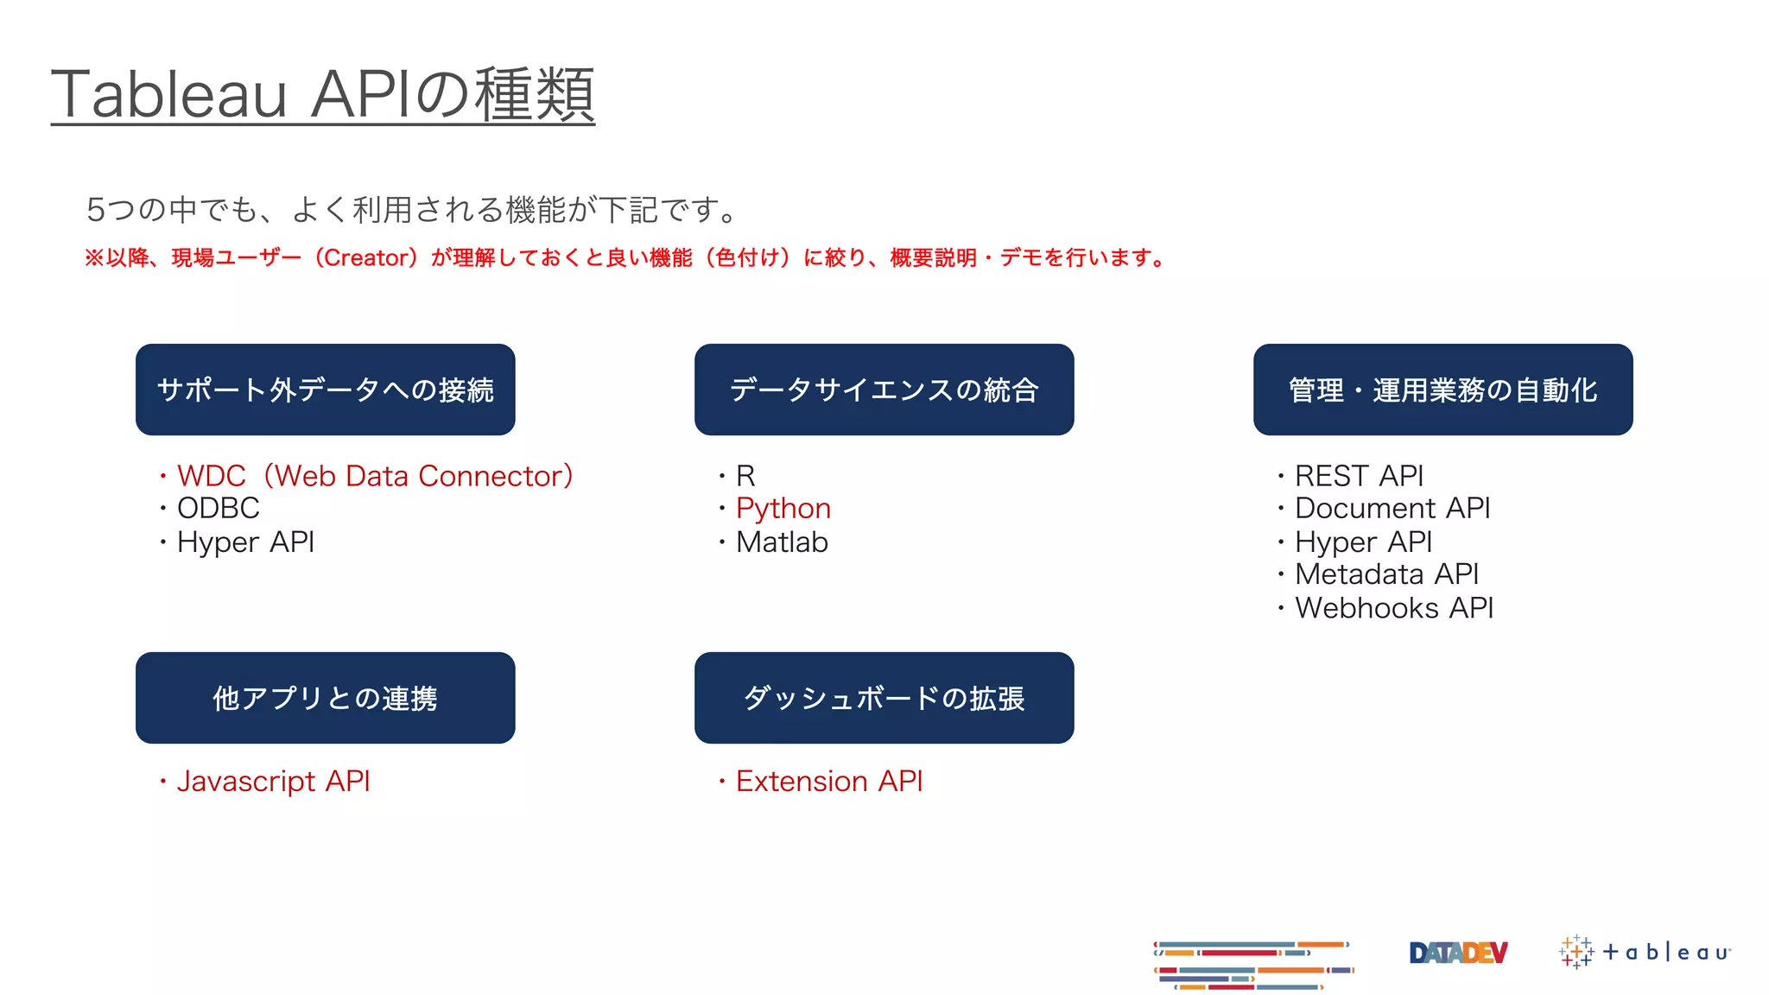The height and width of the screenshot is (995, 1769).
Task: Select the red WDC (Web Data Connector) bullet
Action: pyautogui.click(x=374, y=476)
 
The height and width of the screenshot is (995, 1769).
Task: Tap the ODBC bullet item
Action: pyautogui.click(x=218, y=509)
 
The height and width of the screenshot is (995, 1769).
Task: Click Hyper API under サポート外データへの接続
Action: pyautogui.click(x=245, y=542)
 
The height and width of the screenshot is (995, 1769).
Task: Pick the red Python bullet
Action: pyautogui.click(x=783, y=509)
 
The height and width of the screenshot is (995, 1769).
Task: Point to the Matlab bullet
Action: pyautogui.click(x=782, y=542)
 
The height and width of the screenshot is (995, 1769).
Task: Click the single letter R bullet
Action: pyautogui.click(x=745, y=476)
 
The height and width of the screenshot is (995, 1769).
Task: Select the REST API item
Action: pyautogui.click(x=1359, y=476)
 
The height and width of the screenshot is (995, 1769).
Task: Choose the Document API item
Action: pyautogui.click(x=1392, y=509)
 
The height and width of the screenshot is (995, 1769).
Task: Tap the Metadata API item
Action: pyautogui.click(x=1386, y=574)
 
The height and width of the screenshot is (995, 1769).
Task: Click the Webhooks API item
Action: pyautogui.click(x=1394, y=608)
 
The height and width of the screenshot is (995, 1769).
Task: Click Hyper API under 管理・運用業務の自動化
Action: pyautogui.click(x=1363, y=542)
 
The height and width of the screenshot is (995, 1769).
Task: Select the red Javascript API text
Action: pyautogui.click(x=273, y=782)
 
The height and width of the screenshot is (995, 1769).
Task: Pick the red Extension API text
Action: pyautogui.click(x=829, y=782)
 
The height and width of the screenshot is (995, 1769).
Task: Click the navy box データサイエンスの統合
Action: pyautogui.click(x=884, y=390)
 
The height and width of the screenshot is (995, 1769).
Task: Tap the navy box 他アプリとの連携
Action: pyautogui.click(x=325, y=698)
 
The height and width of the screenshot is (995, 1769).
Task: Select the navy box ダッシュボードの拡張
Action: pyautogui.click(x=884, y=698)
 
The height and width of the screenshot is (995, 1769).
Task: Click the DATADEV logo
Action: pyautogui.click(x=1458, y=953)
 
